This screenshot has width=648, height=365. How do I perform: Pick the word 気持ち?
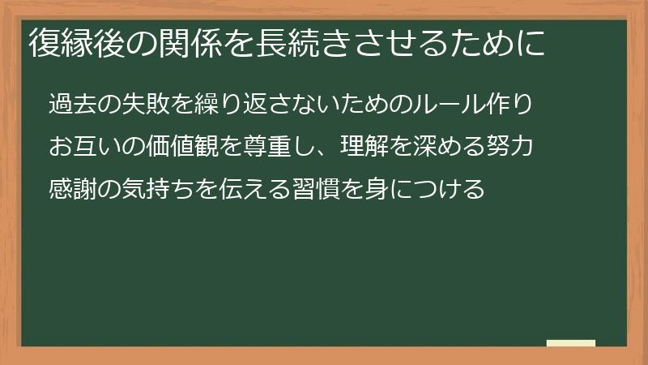160,190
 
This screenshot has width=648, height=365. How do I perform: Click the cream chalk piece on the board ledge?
570,343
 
